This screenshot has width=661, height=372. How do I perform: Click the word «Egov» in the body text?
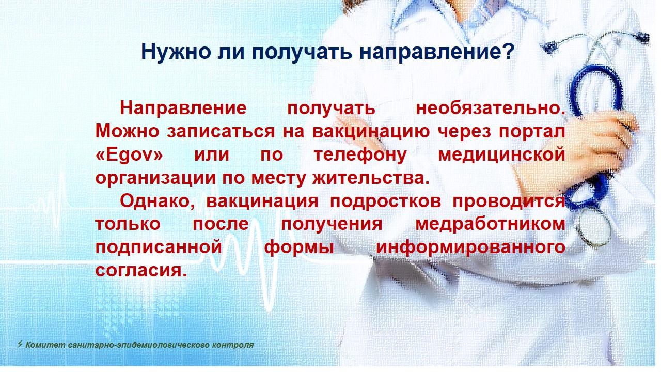129,155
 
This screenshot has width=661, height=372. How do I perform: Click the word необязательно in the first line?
491,108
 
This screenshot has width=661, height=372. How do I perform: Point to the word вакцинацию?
371,132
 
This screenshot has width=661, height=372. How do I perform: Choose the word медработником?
490,225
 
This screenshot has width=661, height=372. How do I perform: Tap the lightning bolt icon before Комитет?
20,344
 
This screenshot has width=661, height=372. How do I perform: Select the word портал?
532,132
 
